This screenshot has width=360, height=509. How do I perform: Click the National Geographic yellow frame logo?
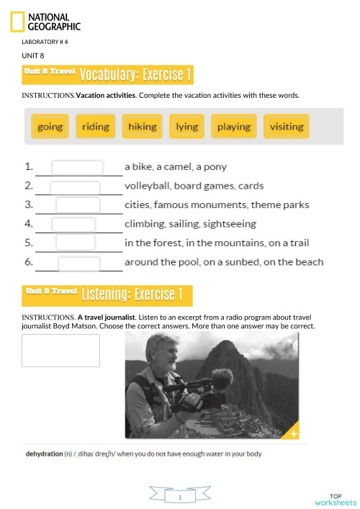[17, 22]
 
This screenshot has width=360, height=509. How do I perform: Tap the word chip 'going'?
[50, 127]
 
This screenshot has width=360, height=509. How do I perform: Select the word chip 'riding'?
[96, 127]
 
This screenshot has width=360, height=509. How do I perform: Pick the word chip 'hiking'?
[142, 127]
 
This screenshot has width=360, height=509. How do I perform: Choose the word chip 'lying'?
[186, 127]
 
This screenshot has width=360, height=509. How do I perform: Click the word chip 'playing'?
[234, 127]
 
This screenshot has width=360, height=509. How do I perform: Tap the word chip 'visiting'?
[287, 127]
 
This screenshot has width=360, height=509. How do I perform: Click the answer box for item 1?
[77, 167]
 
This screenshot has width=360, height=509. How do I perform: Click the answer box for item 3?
[78, 205]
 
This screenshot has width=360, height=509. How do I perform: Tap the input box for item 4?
[73, 225]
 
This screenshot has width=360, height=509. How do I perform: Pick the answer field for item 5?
[76, 243]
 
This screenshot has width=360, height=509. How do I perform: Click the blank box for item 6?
[79, 263]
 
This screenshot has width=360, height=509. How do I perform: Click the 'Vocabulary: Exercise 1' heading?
[135, 75]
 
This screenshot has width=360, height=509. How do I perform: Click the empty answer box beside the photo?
[61, 351]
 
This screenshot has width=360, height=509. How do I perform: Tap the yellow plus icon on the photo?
[293, 433]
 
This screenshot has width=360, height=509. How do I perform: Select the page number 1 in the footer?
[179, 497]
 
